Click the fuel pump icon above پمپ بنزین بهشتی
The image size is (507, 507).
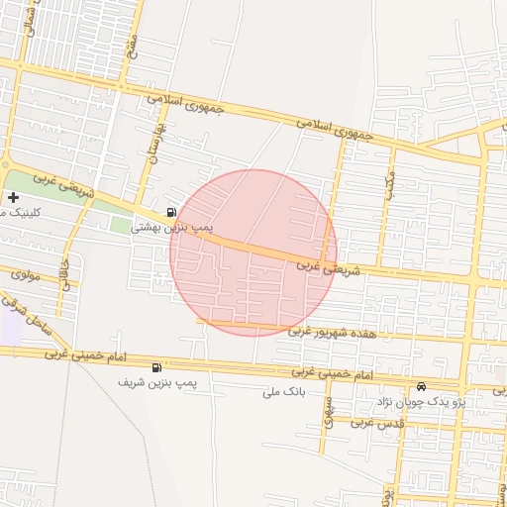[x=172, y=212]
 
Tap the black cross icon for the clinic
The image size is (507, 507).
[x=12, y=198]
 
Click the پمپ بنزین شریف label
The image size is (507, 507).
[x=157, y=382]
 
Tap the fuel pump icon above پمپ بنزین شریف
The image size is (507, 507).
[x=156, y=367]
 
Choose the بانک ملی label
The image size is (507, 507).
[x=287, y=393]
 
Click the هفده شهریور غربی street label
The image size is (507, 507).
[x=333, y=334]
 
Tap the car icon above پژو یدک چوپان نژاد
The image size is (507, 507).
[x=423, y=386]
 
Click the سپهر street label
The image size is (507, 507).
[x=330, y=408]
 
